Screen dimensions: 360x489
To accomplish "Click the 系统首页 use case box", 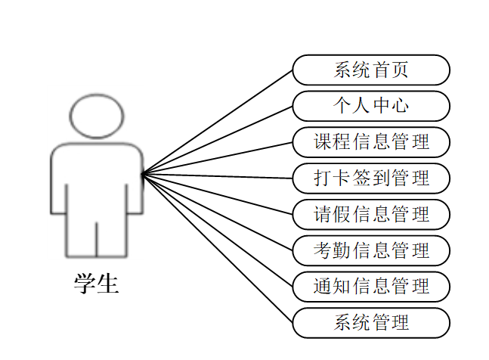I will point(371,70).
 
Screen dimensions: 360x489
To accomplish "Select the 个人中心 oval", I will point(371,106).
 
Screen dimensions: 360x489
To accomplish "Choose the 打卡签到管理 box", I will point(371,178).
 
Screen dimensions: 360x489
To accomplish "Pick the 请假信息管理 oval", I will point(371,214).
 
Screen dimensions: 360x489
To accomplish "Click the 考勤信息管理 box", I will point(371,250).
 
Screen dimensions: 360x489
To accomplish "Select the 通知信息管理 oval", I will point(371,287).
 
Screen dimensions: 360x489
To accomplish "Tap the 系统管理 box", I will point(371,323).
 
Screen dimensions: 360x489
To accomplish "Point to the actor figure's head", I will point(97,116).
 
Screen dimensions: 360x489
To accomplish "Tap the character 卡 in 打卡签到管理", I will point(342,178).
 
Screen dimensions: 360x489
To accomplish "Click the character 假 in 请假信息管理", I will point(342,214).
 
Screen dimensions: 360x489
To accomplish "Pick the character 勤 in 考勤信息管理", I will point(342,250).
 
